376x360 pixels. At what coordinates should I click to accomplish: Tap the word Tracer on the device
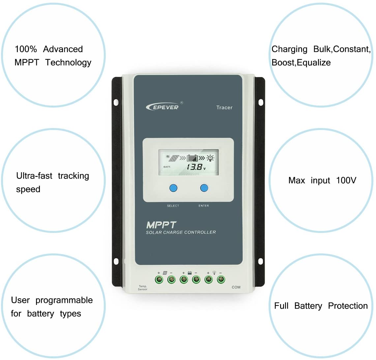coord(224,108)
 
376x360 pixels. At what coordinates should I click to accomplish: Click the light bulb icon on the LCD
coord(210,158)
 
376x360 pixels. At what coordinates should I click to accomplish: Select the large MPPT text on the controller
coord(161,225)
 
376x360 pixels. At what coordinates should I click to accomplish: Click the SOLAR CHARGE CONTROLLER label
coord(181,233)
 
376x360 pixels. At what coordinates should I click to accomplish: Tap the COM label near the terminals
coord(236,287)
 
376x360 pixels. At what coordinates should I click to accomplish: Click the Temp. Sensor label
coord(143,288)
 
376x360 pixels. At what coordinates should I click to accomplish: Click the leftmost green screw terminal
coord(159,280)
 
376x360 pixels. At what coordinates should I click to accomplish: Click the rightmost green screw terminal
coord(220,280)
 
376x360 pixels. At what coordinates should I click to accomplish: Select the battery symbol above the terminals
coord(190,273)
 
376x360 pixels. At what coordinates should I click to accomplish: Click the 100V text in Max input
coord(346,180)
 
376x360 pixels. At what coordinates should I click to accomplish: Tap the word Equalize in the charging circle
coord(314,63)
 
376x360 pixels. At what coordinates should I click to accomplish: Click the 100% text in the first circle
coord(26,49)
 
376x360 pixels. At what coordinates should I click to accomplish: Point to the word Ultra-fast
coord(34,176)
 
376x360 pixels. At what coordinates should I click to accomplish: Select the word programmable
coord(64,300)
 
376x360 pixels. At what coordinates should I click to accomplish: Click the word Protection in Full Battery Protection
coord(348,306)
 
